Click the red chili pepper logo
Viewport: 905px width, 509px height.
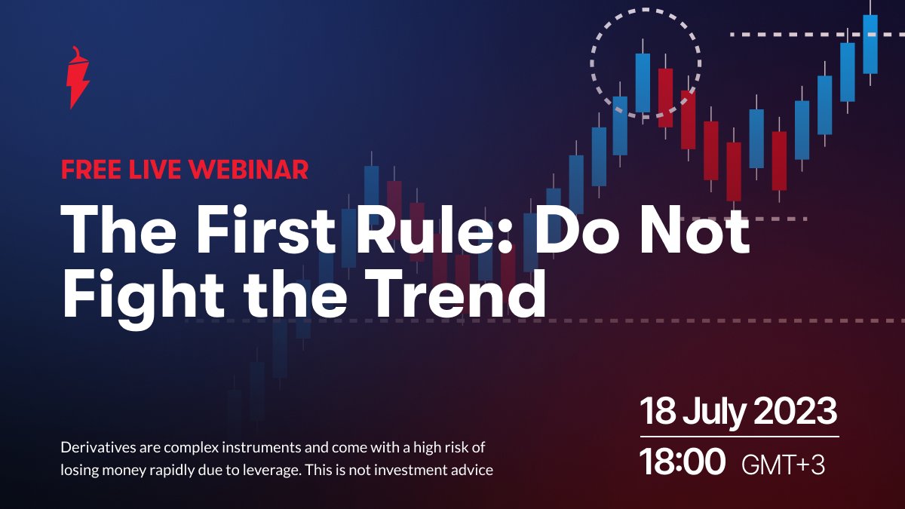(x=78, y=78)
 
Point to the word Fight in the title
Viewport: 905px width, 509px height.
(x=143, y=295)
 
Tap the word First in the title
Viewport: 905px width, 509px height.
(x=265, y=228)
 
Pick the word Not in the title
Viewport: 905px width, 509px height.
(x=694, y=228)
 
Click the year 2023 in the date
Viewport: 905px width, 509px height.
(x=795, y=411)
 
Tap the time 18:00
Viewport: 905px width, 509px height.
(x=682, y=461)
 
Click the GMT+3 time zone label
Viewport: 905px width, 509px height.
(x=783, y=465)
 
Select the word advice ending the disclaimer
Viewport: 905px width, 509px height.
(x=472, y=471)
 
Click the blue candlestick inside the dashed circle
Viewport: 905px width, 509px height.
(x=643, y=83)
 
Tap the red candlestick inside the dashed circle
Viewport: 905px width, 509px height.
(x=665, y=97)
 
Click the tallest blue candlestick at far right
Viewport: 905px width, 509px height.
(x=870, y=44)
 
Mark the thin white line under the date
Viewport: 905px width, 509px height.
(x=739, y=437)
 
